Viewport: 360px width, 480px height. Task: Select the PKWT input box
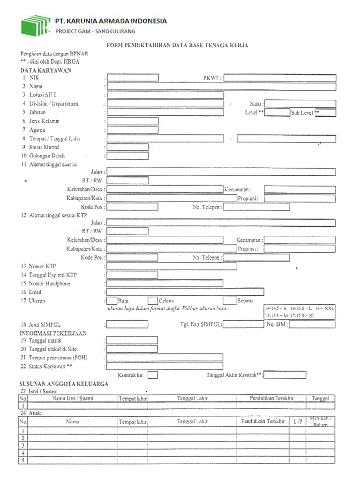point(279,78)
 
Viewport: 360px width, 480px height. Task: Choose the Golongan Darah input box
point(127,156)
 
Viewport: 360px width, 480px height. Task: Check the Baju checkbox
point(112,300)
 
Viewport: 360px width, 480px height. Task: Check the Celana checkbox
point(152,300)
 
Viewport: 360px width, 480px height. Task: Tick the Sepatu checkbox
point(229,300)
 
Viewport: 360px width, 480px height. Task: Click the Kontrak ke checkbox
point(152,375)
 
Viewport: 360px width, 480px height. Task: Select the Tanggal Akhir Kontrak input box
point(285,375)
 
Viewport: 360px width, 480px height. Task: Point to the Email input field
point(185,292)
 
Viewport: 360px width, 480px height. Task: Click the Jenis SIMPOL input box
point(127,324)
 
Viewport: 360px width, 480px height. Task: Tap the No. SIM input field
point(313,324)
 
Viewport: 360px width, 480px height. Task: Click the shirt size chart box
point(300,312)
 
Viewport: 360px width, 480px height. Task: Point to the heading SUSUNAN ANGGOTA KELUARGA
point(64,383)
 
